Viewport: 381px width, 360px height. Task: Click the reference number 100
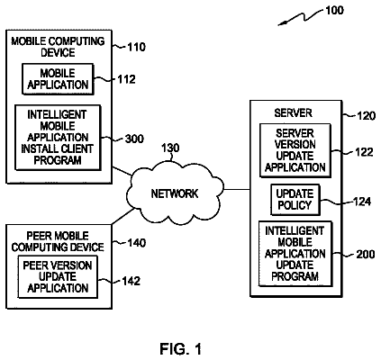(x=334, y=11)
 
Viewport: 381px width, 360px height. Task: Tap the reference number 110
(x=136, y=47)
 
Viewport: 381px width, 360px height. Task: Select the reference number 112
(x=126, y=79)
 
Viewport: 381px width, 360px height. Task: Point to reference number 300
(x=134, y=139)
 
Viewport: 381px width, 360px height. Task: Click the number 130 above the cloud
(x=170, y=148)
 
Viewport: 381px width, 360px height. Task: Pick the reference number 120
(x=366, y=115)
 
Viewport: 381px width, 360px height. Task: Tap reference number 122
(x=364, y=152)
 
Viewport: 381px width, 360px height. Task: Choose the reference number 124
(x=362, y=202)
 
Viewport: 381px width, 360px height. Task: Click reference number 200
(x=366, y=254)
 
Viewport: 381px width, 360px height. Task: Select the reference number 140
(x=137, y=242)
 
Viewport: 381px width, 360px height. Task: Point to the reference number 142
(x=131, y=281)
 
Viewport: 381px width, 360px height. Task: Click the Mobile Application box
(x=58, y=79)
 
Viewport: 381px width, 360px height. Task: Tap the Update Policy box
(x=295, y=200)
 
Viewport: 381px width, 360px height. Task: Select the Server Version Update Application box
(x=295, y=150)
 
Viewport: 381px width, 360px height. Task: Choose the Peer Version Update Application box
(x=58, y=276)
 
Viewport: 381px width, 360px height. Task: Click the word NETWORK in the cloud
(x=175, y=193)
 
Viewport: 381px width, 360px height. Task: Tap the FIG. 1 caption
(x=181, y=349)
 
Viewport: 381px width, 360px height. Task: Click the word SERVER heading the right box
(x=293, y=112)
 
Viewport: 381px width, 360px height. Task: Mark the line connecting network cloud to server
(x=237, y=189)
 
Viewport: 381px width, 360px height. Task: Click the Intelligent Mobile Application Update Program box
(x=295, y=254)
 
